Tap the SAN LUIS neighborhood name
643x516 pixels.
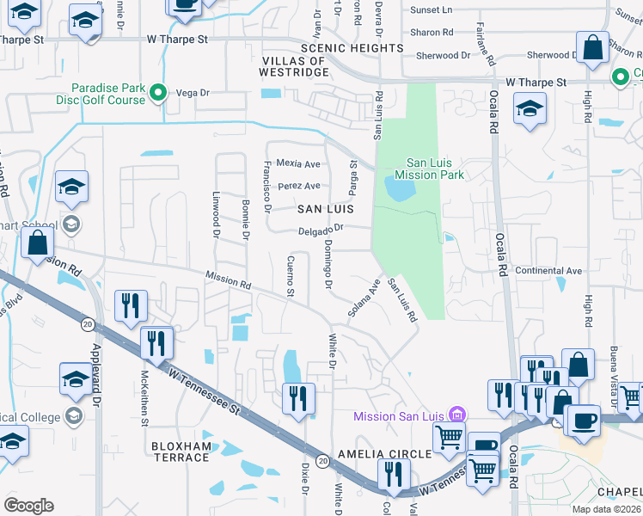pyautogui.click(x=326, y=209)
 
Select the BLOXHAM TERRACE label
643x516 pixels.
pyautogui.click(x=181, y=451)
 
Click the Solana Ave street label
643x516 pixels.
pyautogui.click(x=364, y=297)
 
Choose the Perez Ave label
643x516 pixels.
pyautogui.click(x=298, y=186)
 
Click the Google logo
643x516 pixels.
pyautogui.click(x=29, y=506)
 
